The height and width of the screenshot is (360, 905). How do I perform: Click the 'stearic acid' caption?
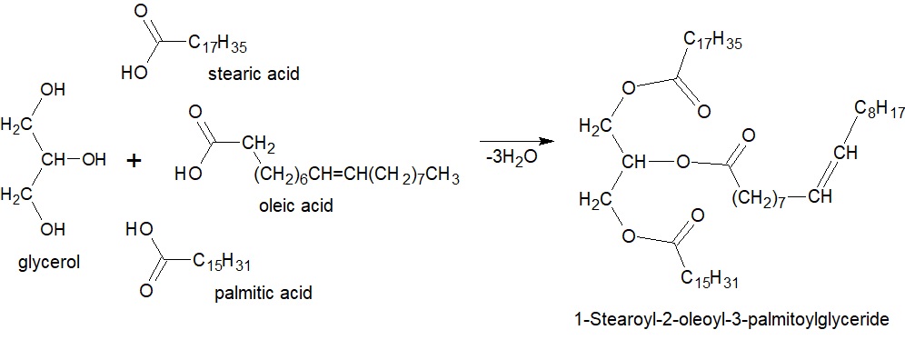[254, 74]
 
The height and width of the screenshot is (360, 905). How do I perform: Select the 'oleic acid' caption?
[296, 205]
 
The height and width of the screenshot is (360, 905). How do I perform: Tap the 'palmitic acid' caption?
[264, 293]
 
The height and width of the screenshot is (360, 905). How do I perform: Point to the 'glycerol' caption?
[49, 262]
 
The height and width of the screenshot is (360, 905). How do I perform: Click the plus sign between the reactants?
[134, 161]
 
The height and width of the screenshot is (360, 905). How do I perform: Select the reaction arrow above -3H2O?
[517, 141]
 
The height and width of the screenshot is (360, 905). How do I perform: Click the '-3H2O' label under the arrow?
[512, 157]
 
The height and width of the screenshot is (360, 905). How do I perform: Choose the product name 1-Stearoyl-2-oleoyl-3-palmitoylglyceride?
[731, 320]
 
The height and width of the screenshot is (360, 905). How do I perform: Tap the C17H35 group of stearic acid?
[218, 44]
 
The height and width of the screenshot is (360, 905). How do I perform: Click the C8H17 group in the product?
[880, 109]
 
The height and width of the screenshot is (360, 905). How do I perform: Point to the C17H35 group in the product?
[712, 40]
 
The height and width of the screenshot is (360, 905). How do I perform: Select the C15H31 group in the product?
[710, 279]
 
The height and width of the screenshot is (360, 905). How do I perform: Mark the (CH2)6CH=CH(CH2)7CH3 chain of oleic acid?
[356, 175]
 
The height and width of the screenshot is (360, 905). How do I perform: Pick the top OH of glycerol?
[53, 90]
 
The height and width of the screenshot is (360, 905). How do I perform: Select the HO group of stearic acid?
[134, 74]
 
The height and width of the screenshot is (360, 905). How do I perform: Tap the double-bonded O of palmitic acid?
[146, 290]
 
